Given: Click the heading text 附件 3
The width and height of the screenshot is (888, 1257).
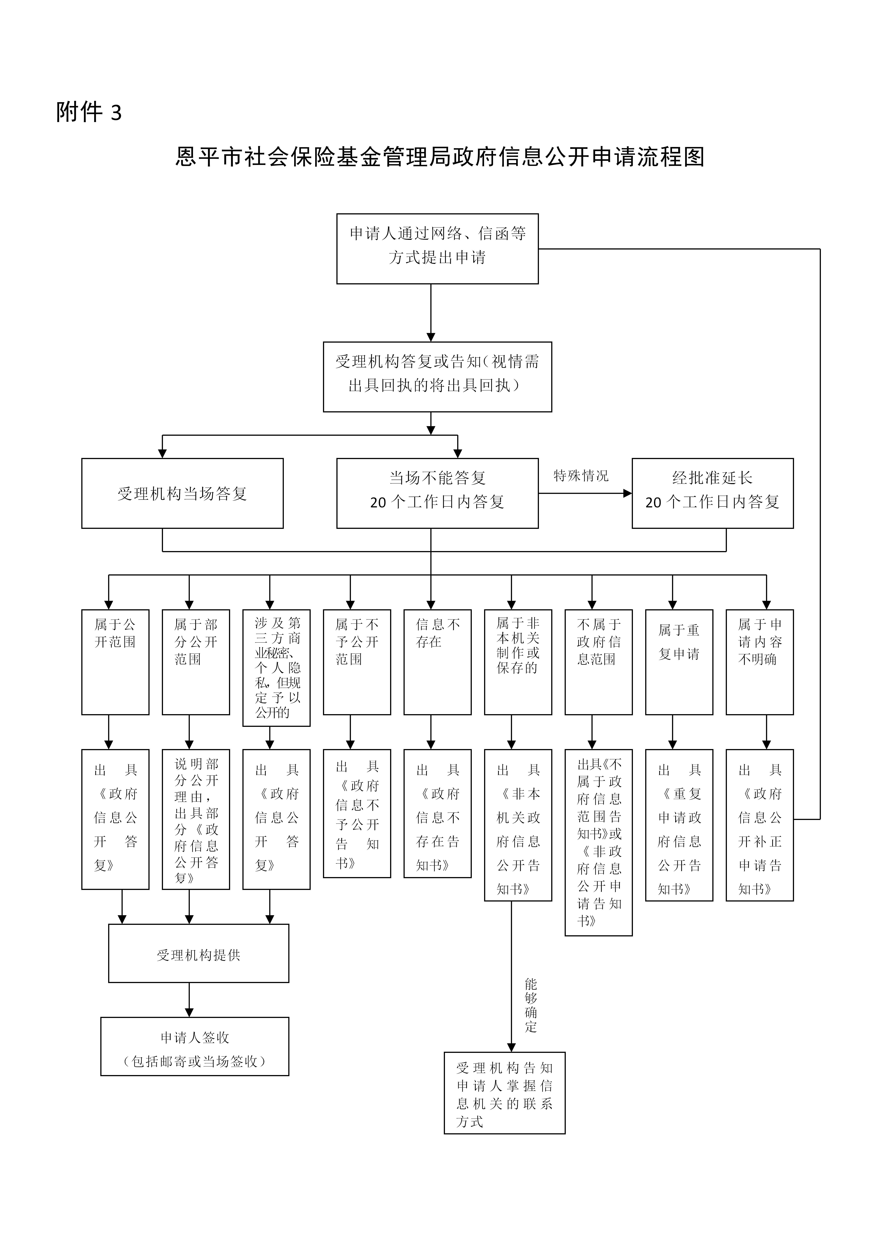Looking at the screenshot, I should pyautogui.click(x=89, y=112).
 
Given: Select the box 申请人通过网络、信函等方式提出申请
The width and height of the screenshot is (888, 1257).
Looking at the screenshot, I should pyautogui.click(x=437, y=249).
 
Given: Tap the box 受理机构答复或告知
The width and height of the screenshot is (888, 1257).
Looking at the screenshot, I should pyautogui.click(x=437, y=377).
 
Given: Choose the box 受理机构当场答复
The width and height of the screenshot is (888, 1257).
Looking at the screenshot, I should pyautogui.click(x=182, y=493).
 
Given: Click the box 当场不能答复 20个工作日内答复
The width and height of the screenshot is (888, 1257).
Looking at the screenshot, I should pyautogui.click(x=437, y=493).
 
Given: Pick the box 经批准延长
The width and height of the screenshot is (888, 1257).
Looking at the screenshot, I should pyautogui.click(x=712, y=493).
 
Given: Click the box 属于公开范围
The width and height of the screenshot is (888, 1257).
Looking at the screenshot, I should pyautogui.click(x=115, y=662).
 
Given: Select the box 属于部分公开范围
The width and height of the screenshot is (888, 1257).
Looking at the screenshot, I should pyautogui.click(x=195, y=662).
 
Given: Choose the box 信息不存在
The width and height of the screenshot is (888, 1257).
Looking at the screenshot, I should pyautogui.click(x=437, y=662).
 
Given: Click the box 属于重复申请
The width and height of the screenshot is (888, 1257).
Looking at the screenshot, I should pyautogui.click(x=679, y=662).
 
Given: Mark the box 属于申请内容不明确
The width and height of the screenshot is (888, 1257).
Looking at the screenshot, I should pyautogui.click(x=759, y=662).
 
